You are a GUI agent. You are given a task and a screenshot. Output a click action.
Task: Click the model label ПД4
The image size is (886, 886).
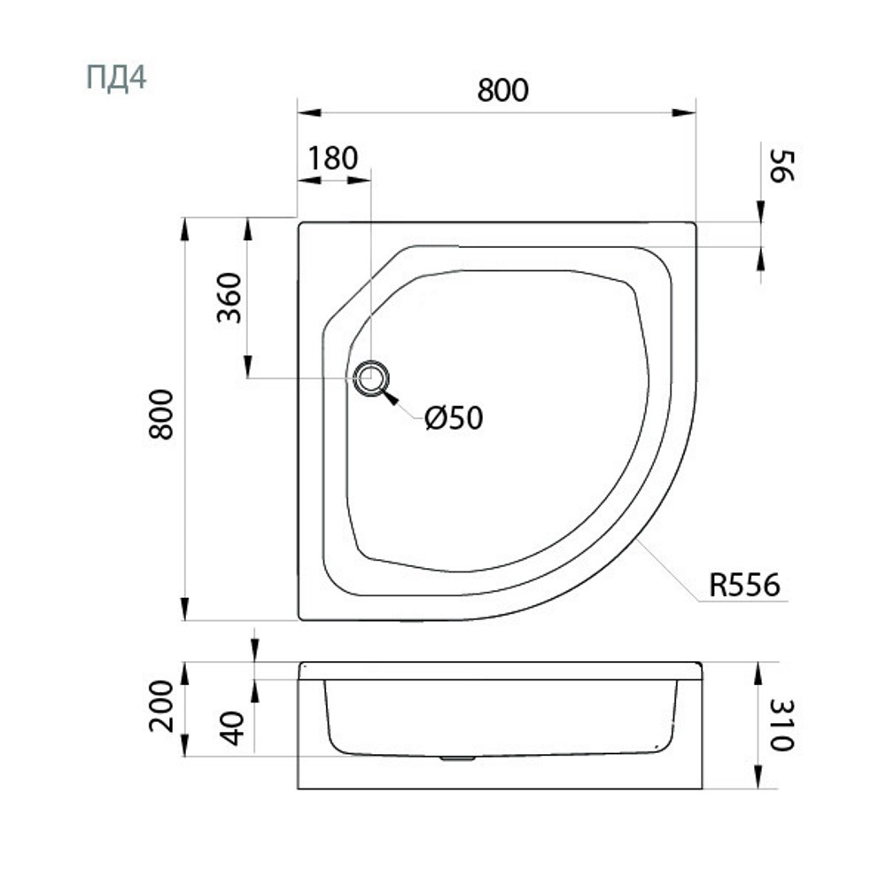[116, 77]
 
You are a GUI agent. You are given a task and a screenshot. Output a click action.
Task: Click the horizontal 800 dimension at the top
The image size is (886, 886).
[503, 89]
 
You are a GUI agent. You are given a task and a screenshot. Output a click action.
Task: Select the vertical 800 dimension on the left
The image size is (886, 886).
[161, 414]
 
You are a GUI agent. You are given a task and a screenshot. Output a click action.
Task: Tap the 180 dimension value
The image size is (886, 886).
[333, 159]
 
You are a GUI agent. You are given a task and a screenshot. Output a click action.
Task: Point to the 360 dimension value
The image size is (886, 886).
[229, 298]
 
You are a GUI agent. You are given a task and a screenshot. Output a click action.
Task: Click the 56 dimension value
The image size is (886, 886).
[782, 166]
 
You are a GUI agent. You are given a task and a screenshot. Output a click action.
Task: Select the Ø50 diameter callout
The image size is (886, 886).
[454, 418]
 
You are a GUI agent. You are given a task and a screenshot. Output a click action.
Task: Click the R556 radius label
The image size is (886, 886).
[744, 585]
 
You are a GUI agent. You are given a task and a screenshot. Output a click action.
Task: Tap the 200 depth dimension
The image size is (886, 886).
[161, 706]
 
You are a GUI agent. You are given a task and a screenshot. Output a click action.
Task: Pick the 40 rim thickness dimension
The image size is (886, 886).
[231, 727]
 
